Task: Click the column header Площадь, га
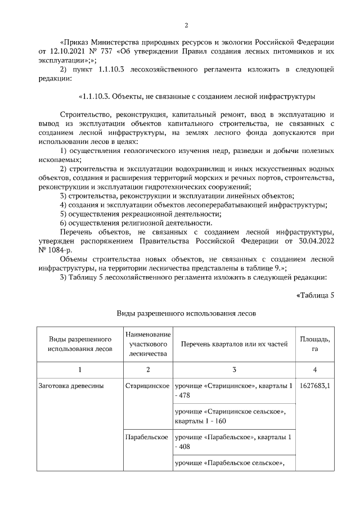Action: (314, 344)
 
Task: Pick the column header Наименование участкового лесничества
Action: (148, 344)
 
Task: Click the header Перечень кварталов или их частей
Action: (234, 344)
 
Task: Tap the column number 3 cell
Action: (234, 370)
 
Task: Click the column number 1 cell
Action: (79, 370)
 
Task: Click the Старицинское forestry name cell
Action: (147, 386)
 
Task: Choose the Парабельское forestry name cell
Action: (147, 436)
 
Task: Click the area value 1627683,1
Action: (314, 386)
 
